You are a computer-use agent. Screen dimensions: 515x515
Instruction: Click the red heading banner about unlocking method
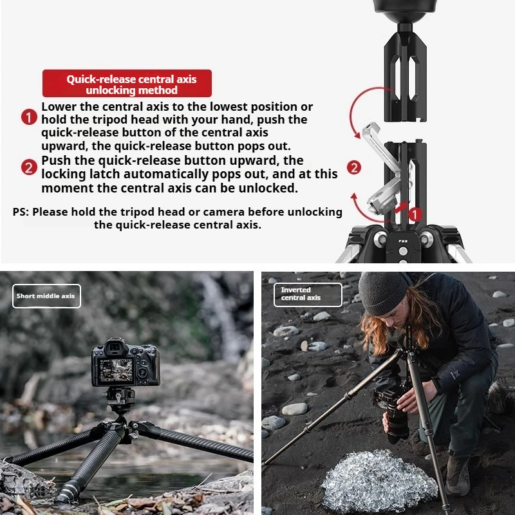click(x=127, y=84)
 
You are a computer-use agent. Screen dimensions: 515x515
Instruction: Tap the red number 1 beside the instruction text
click(x=29, y=117)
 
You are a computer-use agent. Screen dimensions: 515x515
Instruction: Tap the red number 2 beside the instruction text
click(x=29, y=168)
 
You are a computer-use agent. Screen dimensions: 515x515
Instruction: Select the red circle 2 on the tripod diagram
click(x=354, y=168)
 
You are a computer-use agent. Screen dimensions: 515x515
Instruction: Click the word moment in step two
click(x=63, y=188)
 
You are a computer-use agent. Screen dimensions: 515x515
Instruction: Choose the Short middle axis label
click(x=46, y=296)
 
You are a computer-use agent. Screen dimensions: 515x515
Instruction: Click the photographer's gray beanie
click(x=384, y=292)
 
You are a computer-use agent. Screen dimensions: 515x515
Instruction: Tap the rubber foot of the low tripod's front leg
click(x=66, y=495)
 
